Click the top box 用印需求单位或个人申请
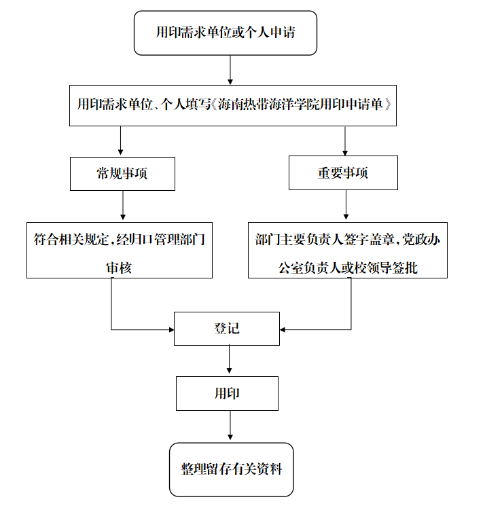(x=226, y=33)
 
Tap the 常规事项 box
(x=122, y=174)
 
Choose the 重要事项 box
(x=343, y=173)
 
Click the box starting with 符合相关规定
(x=120, y=250)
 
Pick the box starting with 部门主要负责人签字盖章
(x=347, y=250)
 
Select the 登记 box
(x=226, y=329)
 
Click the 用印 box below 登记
(x=227, y=394)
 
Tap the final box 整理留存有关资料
(x=231, y=469)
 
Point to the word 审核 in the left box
(x=119, y=268)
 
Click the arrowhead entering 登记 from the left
(x=170, y=330)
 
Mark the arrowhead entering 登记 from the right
(x=284, y=330)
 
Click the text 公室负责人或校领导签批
(x=348, y=268)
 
